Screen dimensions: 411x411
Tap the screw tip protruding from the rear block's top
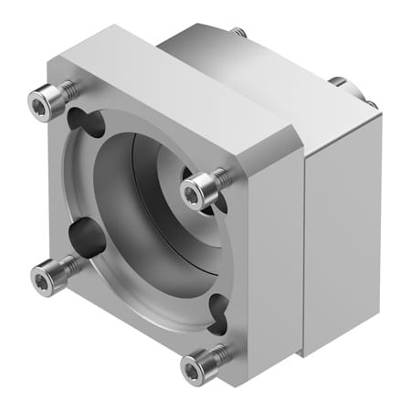(x=240, y=33)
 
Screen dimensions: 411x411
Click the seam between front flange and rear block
(x=304, y=247)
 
